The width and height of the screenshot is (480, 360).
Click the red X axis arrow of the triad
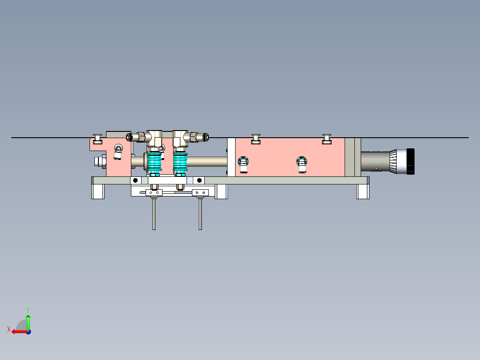click(17, 331)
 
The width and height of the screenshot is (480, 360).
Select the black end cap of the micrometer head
click(410, 161)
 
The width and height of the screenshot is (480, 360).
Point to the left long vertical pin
click(154, 214)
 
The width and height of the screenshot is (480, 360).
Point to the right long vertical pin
click(200, 214)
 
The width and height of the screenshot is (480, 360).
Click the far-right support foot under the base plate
click(362, 192)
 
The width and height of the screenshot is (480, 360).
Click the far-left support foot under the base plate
click(98, 192)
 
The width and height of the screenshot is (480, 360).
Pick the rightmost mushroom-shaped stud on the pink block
click(327, 139)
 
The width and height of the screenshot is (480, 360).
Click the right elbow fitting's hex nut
click(195, 137)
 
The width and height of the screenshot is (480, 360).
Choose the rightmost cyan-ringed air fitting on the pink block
click(302, 164)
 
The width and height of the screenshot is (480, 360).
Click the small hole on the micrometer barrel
click(376, 168)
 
